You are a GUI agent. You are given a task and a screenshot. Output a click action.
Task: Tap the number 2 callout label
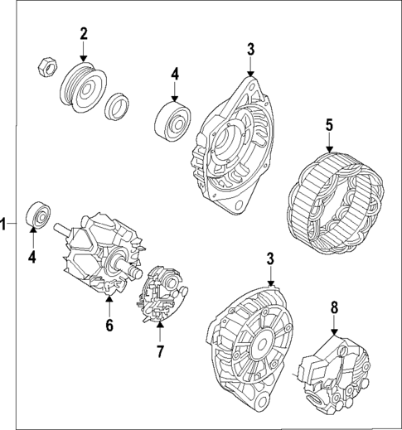83,34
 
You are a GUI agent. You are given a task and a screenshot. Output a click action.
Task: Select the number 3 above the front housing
250,49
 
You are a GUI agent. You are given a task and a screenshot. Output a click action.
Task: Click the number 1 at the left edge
4,224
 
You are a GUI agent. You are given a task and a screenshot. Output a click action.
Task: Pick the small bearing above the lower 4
37,215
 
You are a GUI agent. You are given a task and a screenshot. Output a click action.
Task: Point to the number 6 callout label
109,325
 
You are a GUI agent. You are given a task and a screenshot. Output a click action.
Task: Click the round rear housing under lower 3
248,342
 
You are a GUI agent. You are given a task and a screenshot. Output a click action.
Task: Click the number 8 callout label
334,307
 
